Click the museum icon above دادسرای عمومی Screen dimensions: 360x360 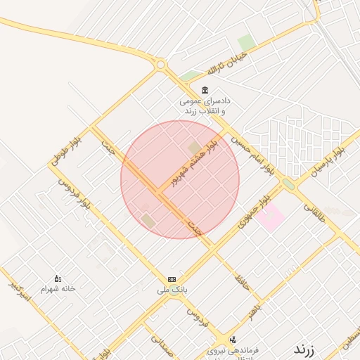[x=204, y=90]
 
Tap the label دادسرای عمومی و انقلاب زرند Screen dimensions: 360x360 [x=204, y=107]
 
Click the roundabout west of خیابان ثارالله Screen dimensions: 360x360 [x=161, y=65]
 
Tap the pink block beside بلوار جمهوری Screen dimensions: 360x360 [x=271, y=217]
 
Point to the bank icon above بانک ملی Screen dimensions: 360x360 [x=172, y=279]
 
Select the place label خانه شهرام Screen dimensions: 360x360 [x=58, y=289]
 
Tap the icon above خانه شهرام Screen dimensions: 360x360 [x=58, y=278]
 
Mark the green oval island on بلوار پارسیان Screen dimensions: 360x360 [x=288, y=184]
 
